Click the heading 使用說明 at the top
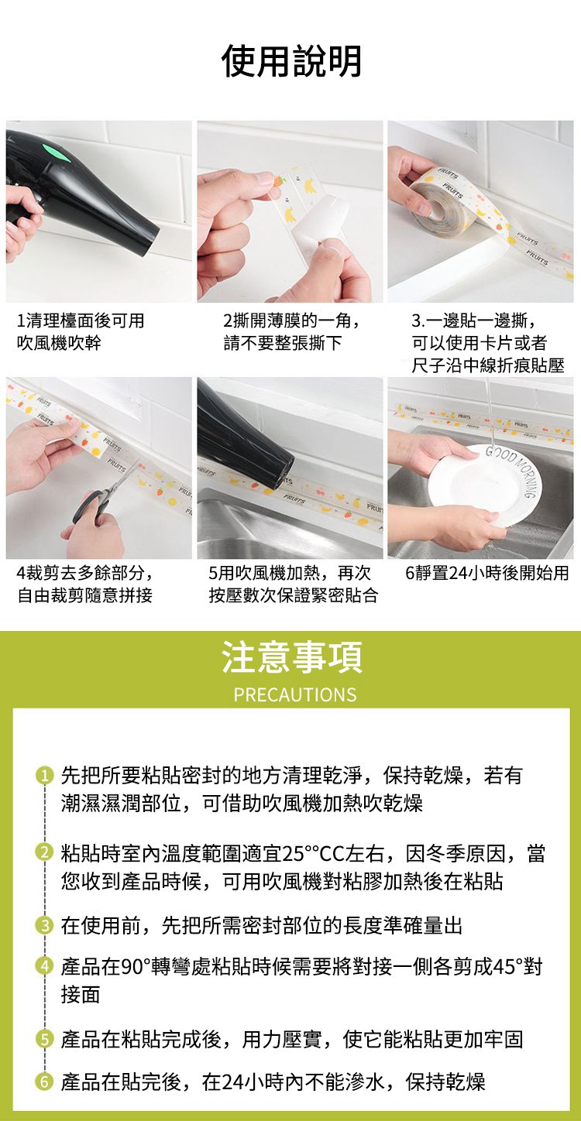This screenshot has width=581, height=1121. tap(291, 61)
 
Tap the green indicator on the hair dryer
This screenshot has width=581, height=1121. tap(57, 151)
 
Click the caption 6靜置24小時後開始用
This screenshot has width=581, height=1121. tap(486, 573)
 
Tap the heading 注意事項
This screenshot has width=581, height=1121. tap(291, 657)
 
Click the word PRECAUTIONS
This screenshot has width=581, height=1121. tap(295, 694)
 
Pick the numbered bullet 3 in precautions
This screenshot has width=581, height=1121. tap(44, 926)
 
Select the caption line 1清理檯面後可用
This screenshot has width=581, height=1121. tap(81, 321)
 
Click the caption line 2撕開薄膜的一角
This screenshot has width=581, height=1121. tap(292, 321)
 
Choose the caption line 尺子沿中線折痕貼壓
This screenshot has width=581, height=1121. tap(488, 366)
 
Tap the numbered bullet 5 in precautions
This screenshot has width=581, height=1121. tap(44, 1040)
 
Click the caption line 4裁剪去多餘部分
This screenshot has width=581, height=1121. tap(86, 573)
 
